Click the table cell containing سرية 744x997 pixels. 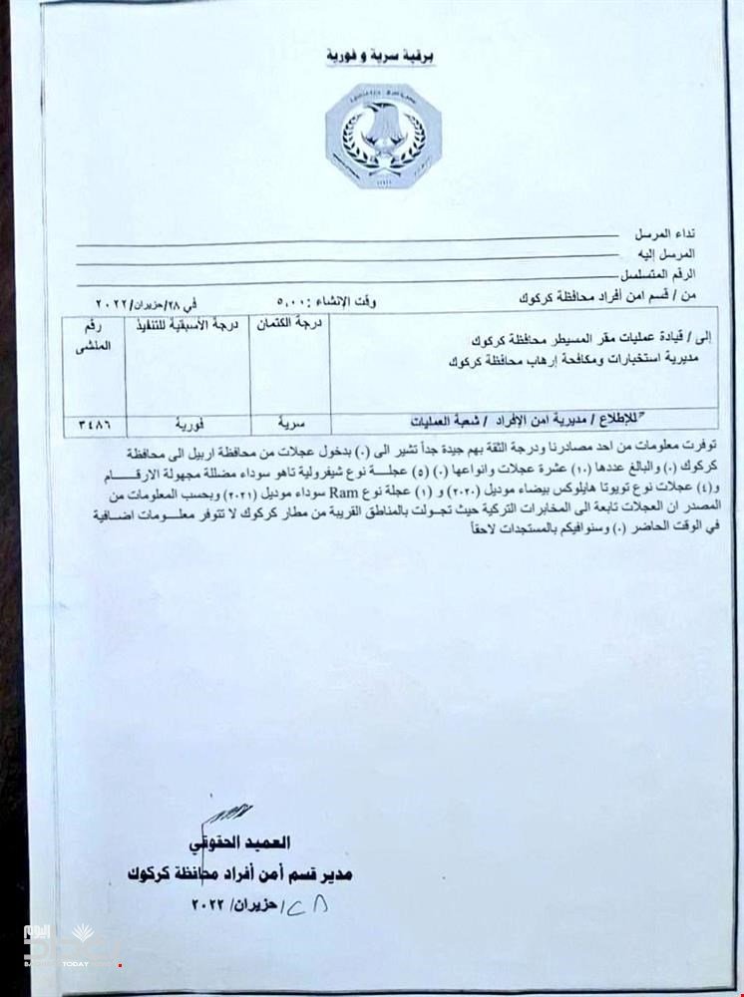coord(290,421)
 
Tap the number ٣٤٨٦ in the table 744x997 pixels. coord(93,422)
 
